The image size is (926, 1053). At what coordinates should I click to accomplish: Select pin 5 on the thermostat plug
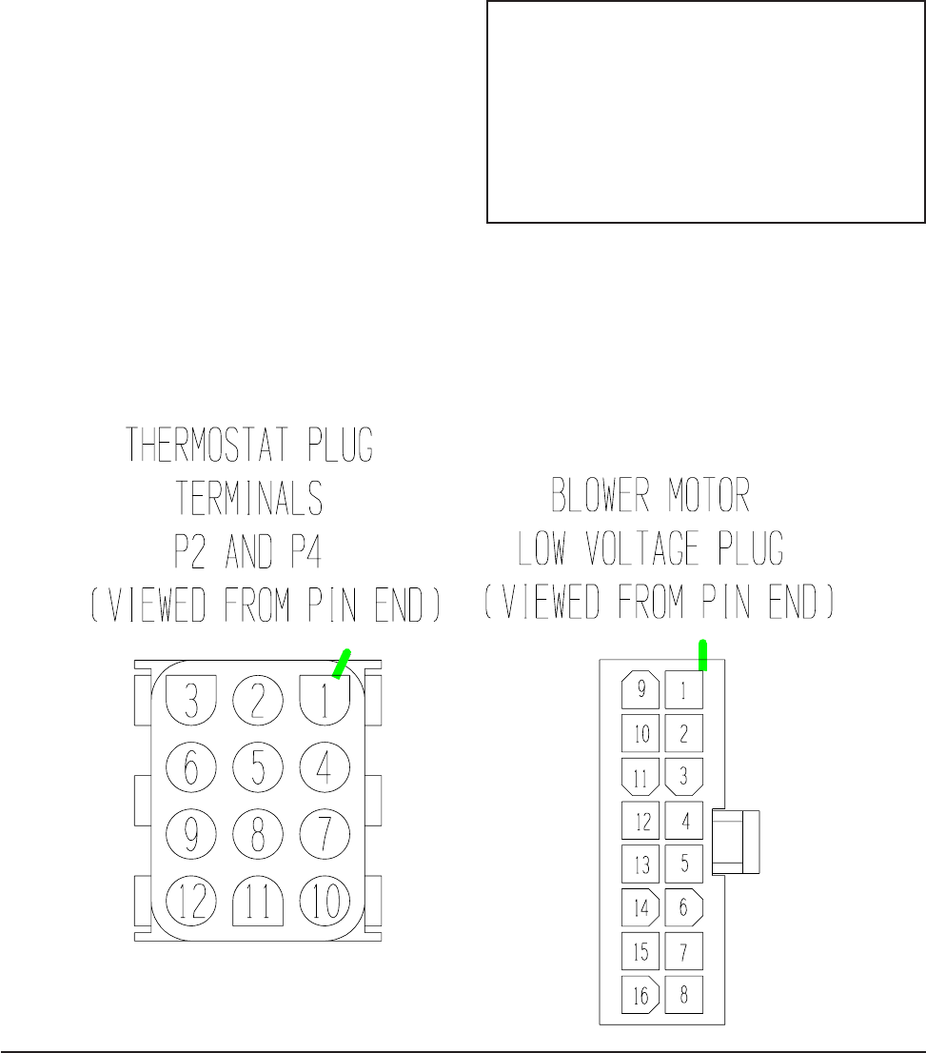click(258, 766)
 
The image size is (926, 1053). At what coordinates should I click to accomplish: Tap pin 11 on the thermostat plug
click(258, 901)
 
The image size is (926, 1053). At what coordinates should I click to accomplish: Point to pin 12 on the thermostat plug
click(191, 901)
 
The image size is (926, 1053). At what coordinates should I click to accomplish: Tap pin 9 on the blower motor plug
click(640, 688)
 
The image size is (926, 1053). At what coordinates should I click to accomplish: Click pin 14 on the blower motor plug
click(640, 906)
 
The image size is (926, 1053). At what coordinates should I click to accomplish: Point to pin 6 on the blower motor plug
click(683, 906)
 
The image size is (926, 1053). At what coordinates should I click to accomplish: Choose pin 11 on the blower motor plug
click(640, 776)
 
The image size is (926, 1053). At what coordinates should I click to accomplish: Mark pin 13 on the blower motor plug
click(640, 864)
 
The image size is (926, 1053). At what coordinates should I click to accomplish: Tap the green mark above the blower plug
click(703, 654)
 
